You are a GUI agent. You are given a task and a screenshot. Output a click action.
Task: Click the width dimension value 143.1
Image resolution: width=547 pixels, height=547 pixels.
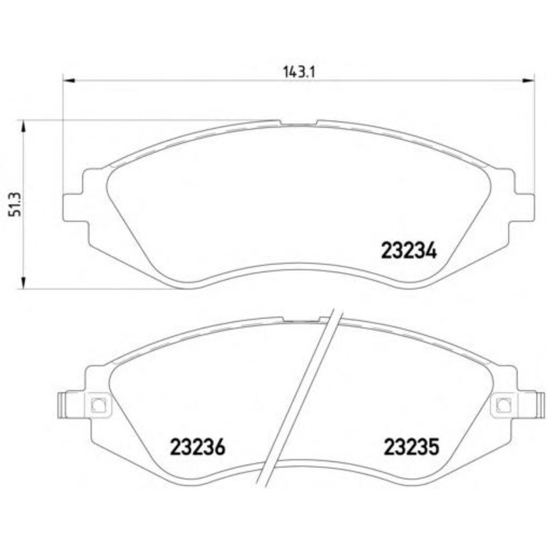click(294, 70)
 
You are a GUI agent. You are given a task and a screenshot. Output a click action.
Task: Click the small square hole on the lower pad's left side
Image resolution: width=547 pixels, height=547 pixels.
click(98, 405)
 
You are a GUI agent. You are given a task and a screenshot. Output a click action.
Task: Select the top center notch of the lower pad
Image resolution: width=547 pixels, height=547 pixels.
click(300, 320)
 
